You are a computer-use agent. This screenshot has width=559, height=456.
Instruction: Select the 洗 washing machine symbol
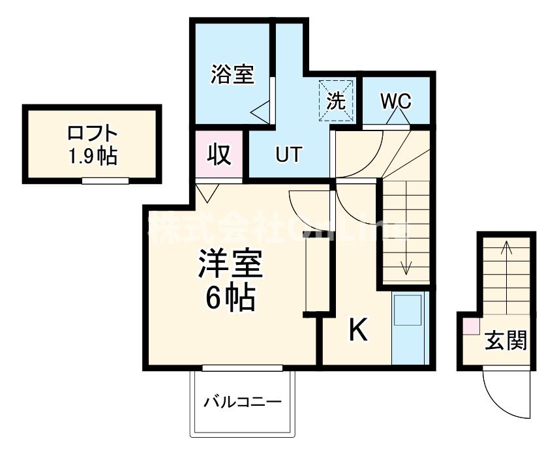335,100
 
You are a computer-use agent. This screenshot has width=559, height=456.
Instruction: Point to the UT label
288,155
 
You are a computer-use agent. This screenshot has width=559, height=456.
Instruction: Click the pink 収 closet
219,155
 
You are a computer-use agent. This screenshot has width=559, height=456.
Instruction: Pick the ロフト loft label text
93,134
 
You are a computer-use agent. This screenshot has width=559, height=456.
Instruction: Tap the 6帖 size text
230,299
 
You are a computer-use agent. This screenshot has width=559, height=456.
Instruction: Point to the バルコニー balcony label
241,401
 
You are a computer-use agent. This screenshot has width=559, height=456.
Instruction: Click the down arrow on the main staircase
406,264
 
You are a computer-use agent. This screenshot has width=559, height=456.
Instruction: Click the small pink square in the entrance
471,326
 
